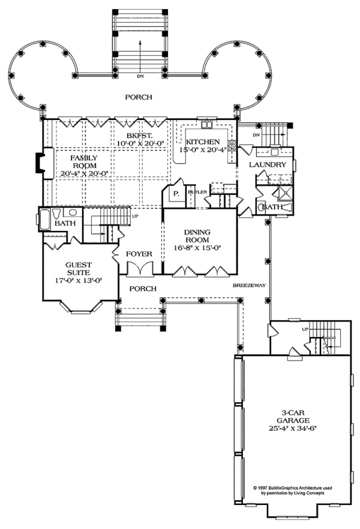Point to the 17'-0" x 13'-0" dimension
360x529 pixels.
click(x=79, y=279)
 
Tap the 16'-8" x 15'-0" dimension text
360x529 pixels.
click(x=197, y=247)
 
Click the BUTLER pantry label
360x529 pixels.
click(x=197, y=193)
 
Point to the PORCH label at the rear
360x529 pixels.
click(x=139, y=97)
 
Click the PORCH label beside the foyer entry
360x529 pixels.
click(x=143, y=288)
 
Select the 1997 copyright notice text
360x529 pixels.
click(x=291, y=490)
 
